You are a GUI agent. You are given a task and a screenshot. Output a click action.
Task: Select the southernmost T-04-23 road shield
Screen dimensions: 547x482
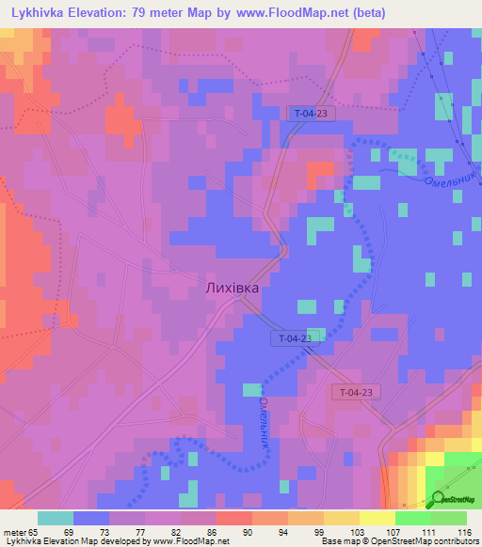pos(357,392)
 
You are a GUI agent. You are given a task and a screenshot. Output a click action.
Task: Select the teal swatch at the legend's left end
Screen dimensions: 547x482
pos(55,518)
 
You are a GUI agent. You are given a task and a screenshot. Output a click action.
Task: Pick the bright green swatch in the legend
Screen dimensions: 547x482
pos(412,518)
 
